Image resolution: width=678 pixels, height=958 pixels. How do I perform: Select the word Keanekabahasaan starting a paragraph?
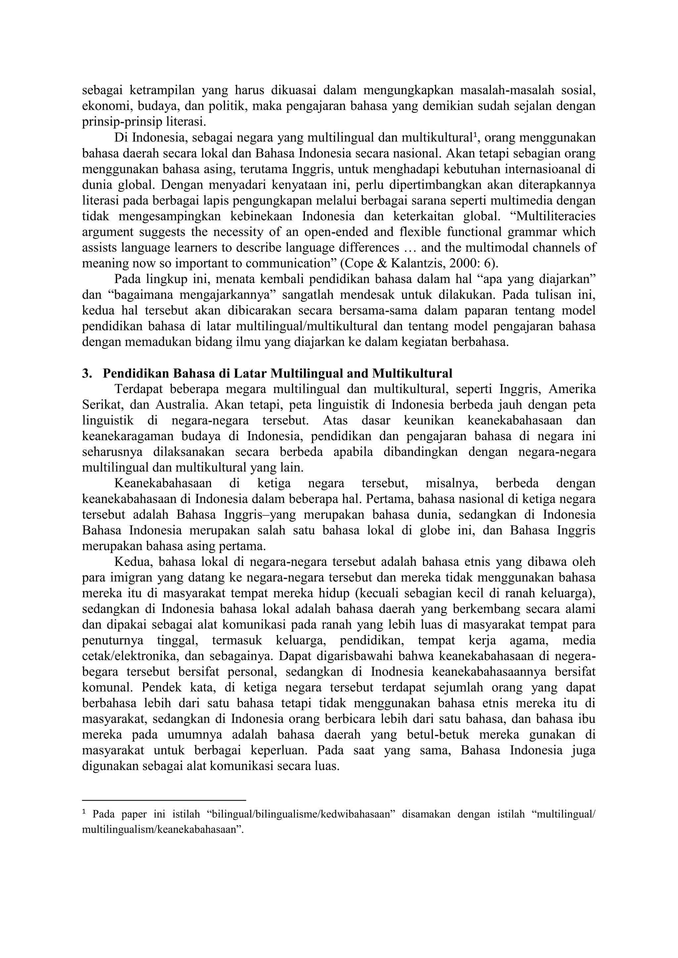pyautogui.click(x=163, y=484)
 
